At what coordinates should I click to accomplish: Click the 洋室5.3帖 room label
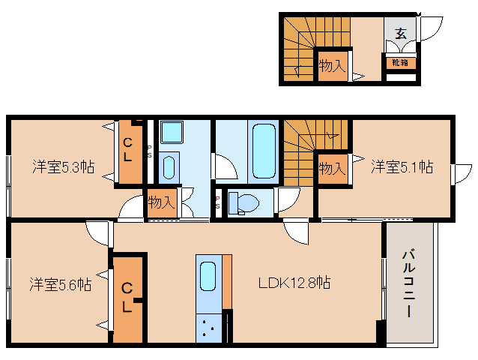(63, 166)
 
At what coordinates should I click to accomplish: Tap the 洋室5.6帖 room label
(61, 284)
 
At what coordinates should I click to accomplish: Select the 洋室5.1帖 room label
(402, 166)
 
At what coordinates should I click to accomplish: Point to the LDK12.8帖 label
(295, 283)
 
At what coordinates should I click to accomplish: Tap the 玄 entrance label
(401, 33)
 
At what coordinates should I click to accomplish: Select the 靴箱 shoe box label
(398, 63)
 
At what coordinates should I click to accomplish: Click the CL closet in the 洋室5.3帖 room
(129, 151)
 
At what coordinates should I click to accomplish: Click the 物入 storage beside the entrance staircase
(331, 66)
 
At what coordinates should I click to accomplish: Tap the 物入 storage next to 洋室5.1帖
(331, 168)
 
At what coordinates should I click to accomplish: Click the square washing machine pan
(172, 132)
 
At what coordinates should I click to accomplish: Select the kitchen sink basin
(208, 279)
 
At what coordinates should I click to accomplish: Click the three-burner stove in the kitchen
(209, 327)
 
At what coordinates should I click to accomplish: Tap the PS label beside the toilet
(218, 201)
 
